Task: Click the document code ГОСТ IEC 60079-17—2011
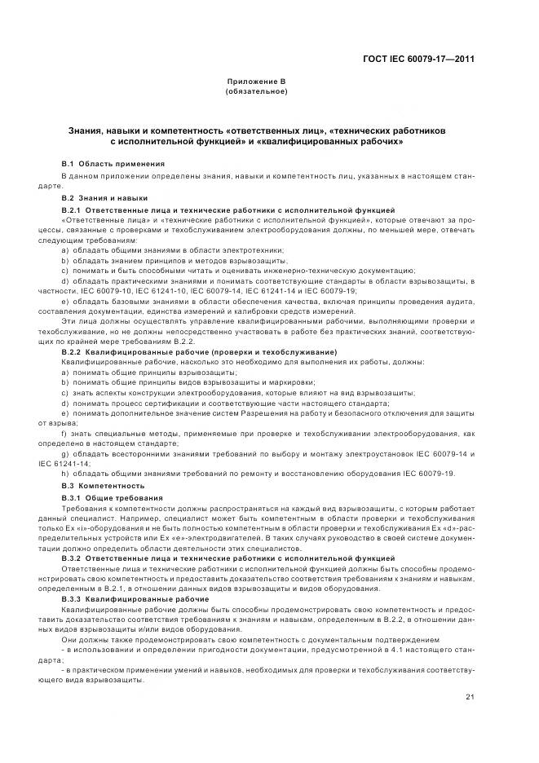tap(418, 59)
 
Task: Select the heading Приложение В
tap(255, 82)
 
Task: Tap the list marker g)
tap(64, 452)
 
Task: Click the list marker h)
tap(64, 474)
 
